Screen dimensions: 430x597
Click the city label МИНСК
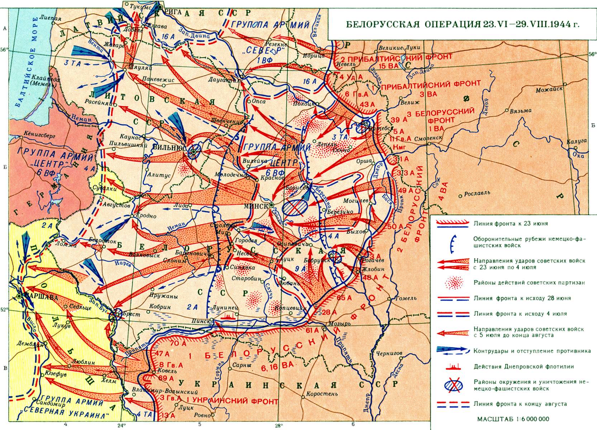[x=255, y=206]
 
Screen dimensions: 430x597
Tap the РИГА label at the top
[x=174, y=11]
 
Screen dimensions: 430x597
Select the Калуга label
[x=577, y=141]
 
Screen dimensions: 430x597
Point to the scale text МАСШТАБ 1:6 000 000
[x=513, y=419]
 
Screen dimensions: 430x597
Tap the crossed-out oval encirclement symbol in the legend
[x=453, y=385]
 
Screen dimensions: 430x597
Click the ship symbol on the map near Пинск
[x=228, y=316]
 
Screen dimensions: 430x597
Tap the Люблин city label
[x=84, y=362]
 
